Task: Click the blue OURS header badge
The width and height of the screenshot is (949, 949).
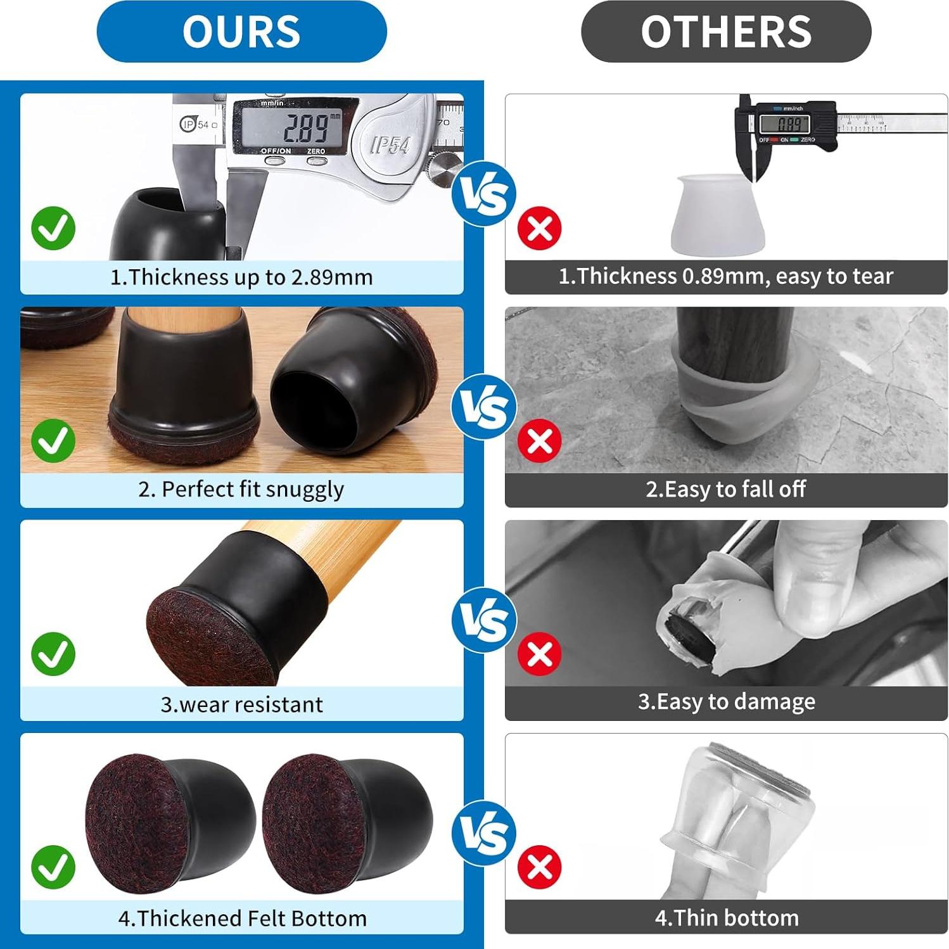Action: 241,32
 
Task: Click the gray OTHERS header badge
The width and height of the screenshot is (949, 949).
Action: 726,32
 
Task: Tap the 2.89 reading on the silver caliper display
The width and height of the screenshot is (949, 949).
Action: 305,129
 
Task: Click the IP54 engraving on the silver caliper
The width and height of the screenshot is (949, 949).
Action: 390,145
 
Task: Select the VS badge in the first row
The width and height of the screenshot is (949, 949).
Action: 484,194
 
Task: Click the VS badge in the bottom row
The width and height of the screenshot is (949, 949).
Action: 484,832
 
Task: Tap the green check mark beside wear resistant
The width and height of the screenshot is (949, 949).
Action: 53,654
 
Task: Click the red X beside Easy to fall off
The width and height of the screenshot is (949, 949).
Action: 540,441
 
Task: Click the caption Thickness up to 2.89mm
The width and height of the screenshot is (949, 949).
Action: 241,277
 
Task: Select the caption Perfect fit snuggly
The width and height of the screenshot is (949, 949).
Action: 241,490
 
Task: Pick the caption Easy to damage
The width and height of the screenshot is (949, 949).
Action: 726,702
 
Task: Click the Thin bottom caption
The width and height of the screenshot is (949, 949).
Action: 726,918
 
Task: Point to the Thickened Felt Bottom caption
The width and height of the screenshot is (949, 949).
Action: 241,918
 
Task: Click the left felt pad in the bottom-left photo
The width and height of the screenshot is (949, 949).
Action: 136,820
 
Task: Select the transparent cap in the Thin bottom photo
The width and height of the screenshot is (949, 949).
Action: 738,817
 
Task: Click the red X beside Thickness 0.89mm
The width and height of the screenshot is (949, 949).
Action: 540,228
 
